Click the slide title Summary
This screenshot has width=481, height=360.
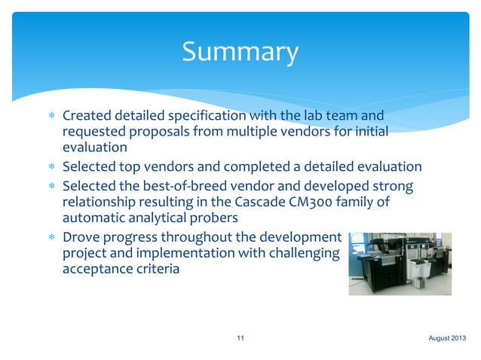coord(240,52)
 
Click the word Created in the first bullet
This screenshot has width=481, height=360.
coord(86,117)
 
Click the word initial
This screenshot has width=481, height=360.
coord(367,133)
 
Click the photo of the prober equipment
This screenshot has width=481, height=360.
coord(400,264)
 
